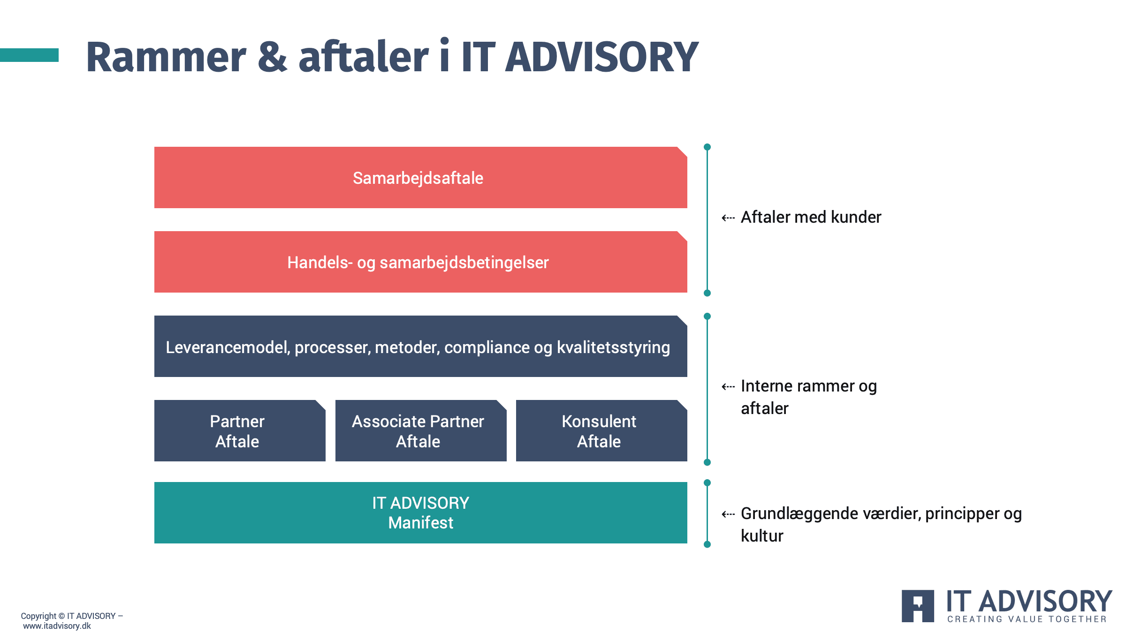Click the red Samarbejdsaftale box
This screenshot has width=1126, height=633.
coord(421,177)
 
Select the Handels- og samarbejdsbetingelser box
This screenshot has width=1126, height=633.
coord(421,262)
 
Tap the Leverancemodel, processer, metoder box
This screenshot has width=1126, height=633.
coord(421,346)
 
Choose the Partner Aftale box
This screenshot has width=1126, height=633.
coord(240,430)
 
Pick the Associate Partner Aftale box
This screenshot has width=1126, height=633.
coord(421,430)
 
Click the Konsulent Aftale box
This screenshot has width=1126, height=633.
coord(601,430)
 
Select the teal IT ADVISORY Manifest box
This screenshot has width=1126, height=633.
coord(421,512)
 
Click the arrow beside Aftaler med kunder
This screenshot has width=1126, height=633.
coord(728,218)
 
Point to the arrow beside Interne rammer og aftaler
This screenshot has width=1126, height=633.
coord(728,386)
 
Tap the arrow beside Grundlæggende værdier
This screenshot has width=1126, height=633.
coord(728,514)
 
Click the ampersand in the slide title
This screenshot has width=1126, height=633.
coord(273,57)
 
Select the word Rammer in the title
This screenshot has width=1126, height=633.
coord(166,57)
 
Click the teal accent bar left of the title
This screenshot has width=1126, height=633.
coord(29,55)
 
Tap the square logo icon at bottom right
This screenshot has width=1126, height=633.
coord(918,606)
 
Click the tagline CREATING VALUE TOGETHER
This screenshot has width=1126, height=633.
coord(1027,619)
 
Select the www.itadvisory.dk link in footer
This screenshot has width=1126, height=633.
coord(57,626)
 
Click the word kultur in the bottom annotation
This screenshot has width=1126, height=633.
coord(762,535)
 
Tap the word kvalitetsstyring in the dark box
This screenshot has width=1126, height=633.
coord(613,348)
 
